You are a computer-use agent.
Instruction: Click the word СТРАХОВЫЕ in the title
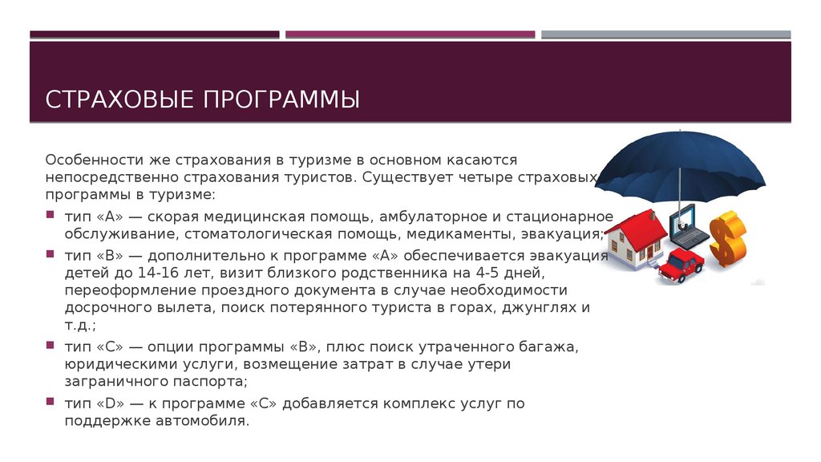click(x=120, y=99)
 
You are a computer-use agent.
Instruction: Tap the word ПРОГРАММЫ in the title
click(x=281, y=99)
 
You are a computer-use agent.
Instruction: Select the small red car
click(x=681, y=265)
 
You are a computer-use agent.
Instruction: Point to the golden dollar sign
click(x=728, y=238)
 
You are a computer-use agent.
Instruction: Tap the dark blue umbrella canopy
click(x=680, y=162)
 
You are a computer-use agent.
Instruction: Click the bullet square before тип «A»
click(x=51, y=215)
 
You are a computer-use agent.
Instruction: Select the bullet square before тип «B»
click(x=51, y=254)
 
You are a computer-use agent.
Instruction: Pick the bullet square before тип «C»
click(x=51, y=345)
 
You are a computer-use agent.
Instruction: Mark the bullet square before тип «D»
click(x=51, y=402)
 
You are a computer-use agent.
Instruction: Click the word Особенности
click(x=92, y=160)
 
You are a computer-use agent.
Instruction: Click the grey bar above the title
click(x=666, y=34)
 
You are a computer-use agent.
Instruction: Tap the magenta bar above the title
click(x=410, y=34)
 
